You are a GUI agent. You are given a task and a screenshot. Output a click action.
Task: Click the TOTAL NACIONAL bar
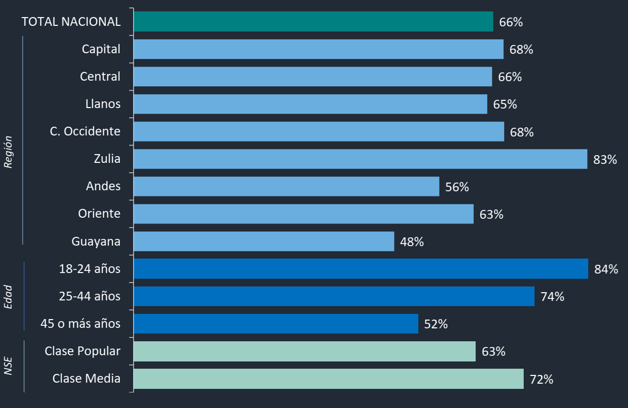[x=313, y=22]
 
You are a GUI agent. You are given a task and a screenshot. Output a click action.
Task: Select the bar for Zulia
[x=360, y=159]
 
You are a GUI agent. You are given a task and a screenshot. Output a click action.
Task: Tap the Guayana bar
[x=263, y=241]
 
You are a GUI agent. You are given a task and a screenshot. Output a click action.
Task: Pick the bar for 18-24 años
[x=360, y=269]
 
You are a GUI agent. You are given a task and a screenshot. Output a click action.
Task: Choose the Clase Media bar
[x=328, y=379]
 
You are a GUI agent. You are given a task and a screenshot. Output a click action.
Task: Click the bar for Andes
[x=286, y=186]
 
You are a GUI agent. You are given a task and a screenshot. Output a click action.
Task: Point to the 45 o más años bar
[x=276, y=324]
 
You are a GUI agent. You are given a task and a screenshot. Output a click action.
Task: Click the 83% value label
[x=605, y=160]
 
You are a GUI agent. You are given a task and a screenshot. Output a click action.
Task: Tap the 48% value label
[x=412, y=241]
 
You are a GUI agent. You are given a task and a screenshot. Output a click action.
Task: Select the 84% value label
[x=606, y=269]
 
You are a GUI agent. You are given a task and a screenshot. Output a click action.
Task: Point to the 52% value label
[x=436, y=324]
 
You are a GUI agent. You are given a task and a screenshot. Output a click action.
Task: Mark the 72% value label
[x=542, y=380]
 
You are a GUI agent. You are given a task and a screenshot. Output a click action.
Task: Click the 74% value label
[x=552, y=297]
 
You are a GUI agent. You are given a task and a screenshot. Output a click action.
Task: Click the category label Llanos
[x=103, y=104]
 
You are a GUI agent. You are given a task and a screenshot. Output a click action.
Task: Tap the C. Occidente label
[x=85, y=131]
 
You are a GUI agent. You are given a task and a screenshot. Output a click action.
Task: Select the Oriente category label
[x=99, y=214]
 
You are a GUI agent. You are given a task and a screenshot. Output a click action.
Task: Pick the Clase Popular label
[x=83, y=351]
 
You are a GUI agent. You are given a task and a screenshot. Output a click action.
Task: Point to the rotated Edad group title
[x=8, y=297]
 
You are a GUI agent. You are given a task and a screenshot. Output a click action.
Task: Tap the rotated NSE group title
[x=8, y=365]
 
